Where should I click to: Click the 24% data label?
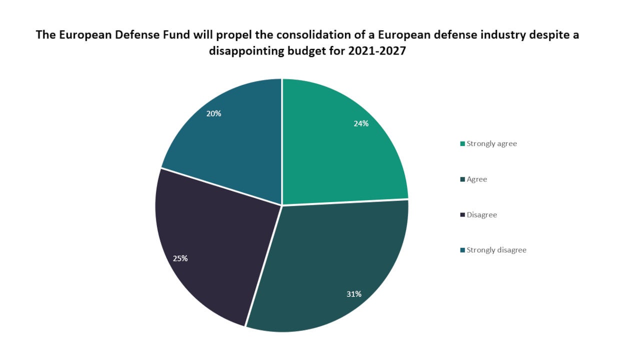tap(361, 123)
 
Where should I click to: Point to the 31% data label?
tap(354, 294)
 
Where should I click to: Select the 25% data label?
tap(180, 258)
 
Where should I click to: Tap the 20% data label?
tap(213, 113)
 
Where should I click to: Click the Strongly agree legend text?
tap(491, 143)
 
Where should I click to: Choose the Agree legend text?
tap(476, 179)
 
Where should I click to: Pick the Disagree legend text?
tap(481, 214)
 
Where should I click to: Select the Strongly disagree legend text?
tap(496, 250)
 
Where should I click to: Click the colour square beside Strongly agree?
tap(462, 144)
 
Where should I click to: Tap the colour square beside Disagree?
tap(462, 215)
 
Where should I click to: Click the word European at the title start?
tap(79, 35)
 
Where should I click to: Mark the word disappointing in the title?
tap(246, 51)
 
